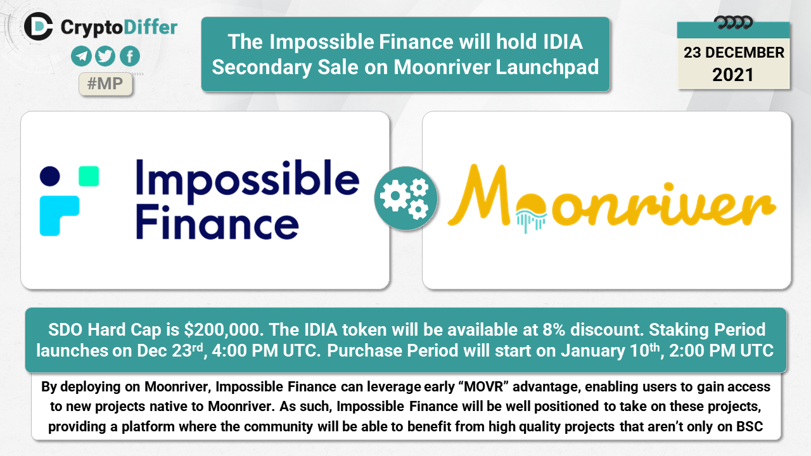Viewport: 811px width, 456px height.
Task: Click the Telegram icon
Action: (x=81, y=56)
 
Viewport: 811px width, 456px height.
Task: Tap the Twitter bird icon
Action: (x=105, y=56)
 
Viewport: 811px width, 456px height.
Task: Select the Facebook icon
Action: (x=130, y=56)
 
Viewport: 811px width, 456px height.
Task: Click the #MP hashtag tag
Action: (x=105, y=84)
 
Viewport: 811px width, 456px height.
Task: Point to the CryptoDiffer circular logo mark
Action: (x=39, y=26)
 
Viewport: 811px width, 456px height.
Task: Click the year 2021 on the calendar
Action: (x=733, y=75)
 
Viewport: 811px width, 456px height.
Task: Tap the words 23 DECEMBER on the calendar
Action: (x=734, y=53)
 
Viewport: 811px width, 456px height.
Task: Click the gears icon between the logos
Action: (x=405, y=198)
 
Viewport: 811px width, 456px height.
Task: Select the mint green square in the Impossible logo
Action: (x=89, y=176)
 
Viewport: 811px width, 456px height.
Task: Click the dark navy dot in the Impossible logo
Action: (x=49, y=176)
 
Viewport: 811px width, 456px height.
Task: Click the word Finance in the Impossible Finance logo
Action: (x=217, y=222)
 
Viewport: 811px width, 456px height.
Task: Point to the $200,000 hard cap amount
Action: (x=222, y=330)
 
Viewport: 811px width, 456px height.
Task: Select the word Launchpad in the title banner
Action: (x=547, y=67)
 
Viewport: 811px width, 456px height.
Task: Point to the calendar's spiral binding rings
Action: (x=733, y=22)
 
